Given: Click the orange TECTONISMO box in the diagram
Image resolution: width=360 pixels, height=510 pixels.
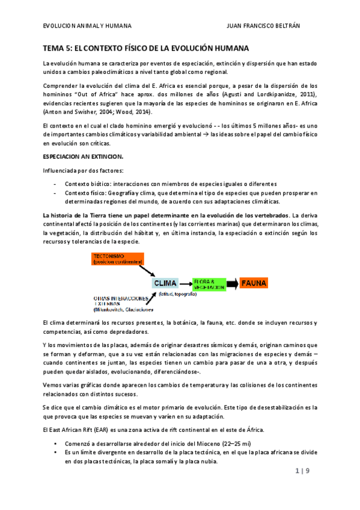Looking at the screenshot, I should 118,259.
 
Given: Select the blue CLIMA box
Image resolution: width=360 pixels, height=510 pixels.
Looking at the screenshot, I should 165,283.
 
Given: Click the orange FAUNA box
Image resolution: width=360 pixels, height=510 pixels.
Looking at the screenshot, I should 254,283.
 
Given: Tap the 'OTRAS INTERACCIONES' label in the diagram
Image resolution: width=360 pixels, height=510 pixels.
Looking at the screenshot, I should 120,298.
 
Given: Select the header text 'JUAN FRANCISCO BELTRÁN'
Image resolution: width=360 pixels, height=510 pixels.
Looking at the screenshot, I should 277,26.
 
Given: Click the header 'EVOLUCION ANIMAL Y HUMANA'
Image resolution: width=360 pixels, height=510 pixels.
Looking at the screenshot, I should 88,26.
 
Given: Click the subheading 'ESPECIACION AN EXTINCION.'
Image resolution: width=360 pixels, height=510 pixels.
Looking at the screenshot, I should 82,156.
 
